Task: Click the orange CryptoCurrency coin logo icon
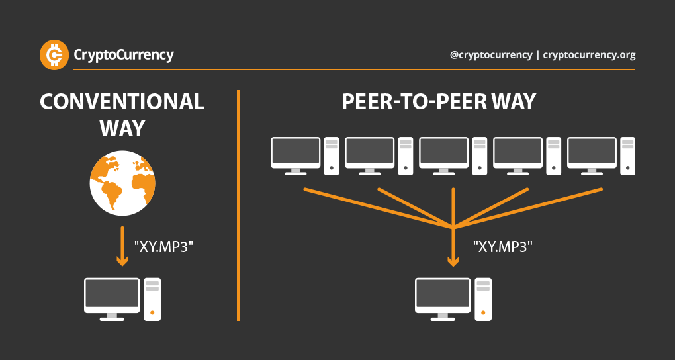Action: coord(55,55)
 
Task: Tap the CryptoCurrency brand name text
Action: coord(124,55)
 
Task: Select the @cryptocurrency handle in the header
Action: coord(490,56)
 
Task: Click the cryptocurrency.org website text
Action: coord(589,56)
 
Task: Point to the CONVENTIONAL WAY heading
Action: coord(122,114)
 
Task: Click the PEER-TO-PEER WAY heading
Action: coord(439,103)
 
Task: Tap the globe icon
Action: coord(122,183)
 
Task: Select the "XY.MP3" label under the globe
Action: coord(164,247)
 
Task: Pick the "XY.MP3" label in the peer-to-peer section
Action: coord(503,247)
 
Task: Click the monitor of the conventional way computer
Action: coord(112,296)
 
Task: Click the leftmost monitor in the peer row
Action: coord(296,153)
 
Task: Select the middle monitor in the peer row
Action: coord(444,153)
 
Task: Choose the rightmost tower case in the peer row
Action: coord(627,156)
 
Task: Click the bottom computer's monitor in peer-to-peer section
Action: coord(443,296)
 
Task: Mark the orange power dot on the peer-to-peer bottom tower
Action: coord(483,312)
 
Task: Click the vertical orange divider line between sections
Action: coord(238,206)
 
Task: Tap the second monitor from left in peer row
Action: coord(370,153)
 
